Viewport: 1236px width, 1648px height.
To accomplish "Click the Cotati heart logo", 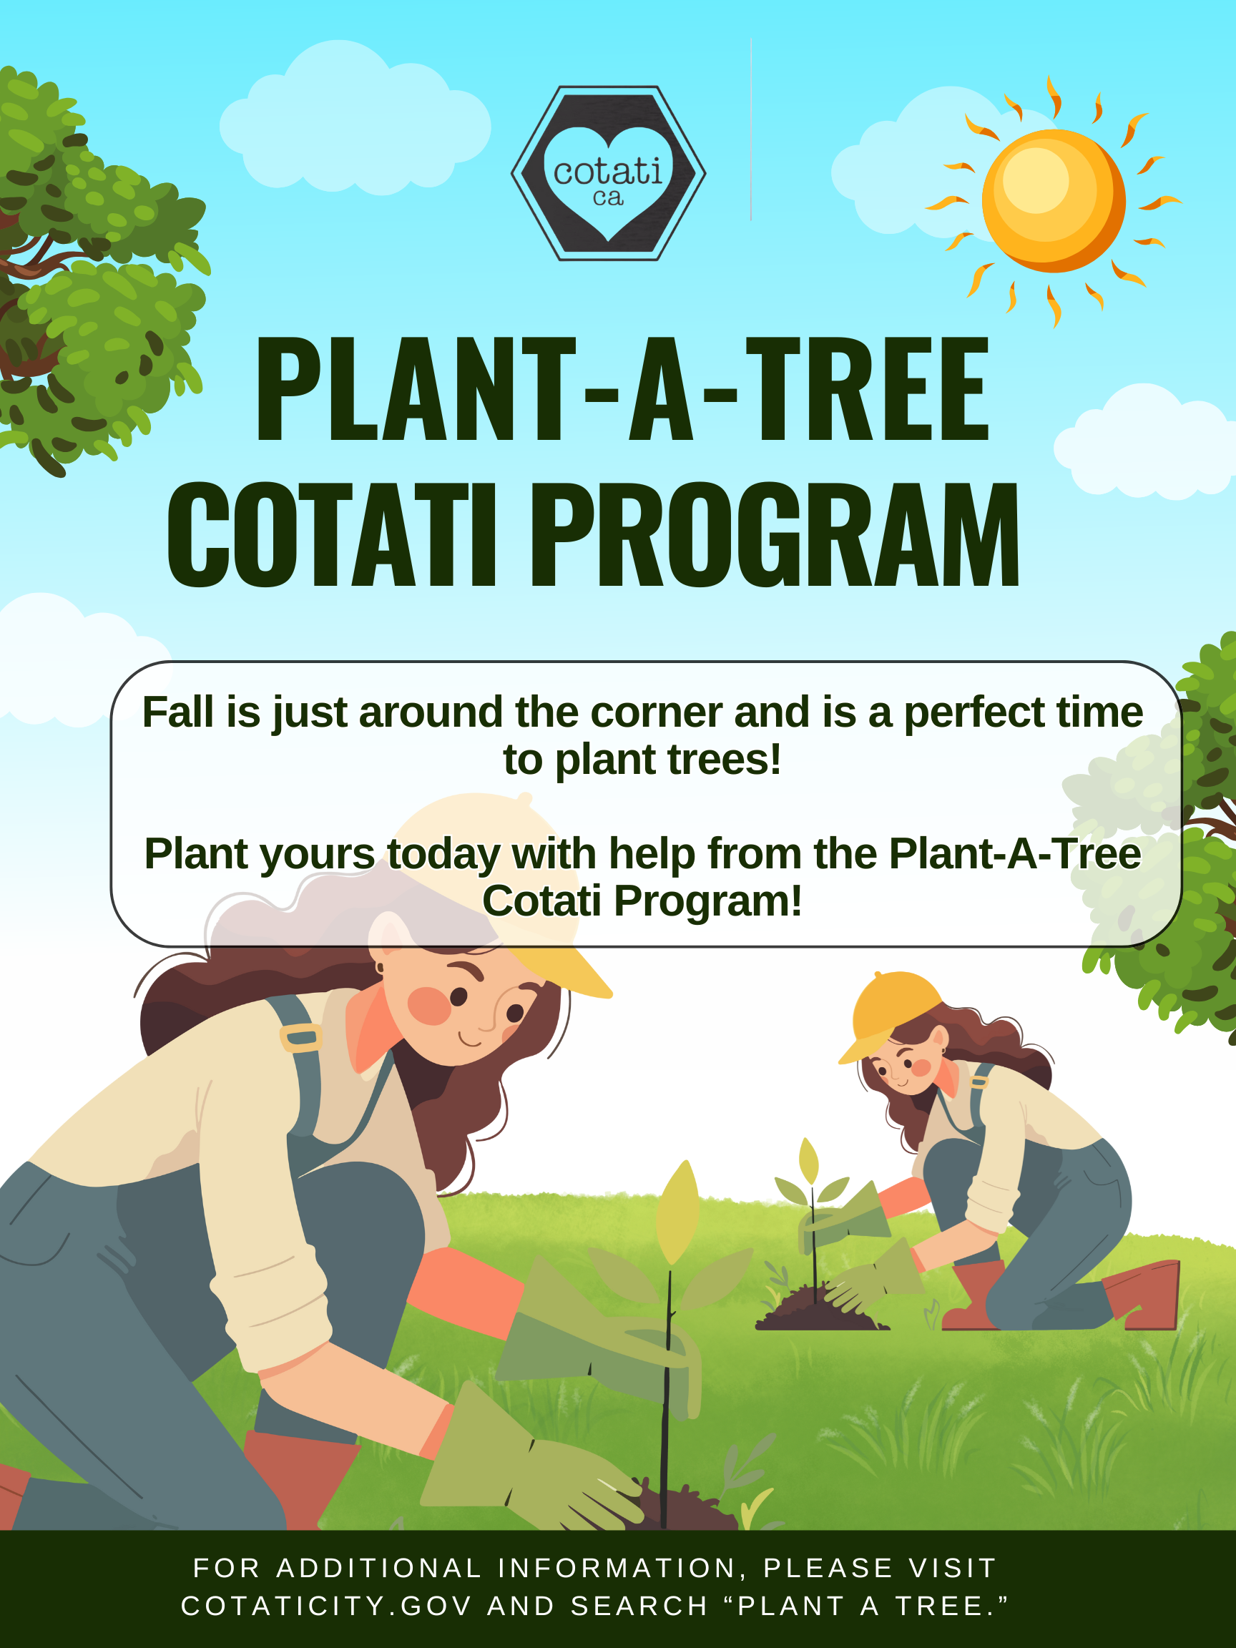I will pyautogui.click(x=608, y=174).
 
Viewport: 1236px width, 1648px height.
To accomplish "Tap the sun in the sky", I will pyautogui.click(x=1053, y=200).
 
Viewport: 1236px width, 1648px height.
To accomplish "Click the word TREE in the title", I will pyautogui.click(x=868, y=389).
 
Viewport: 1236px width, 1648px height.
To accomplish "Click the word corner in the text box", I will pyautogui.click(x=656, y=712).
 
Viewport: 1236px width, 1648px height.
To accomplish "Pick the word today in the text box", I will pyautogui.click(x=443, y=854).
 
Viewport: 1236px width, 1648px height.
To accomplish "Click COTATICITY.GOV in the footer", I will pyautogui.click(x=326, y=1606).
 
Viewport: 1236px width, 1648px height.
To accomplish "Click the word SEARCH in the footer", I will pyautogui.click(x=639, y=1606).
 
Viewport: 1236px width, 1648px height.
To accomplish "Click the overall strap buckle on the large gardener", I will pyautogui.click(x=301, y=1037).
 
